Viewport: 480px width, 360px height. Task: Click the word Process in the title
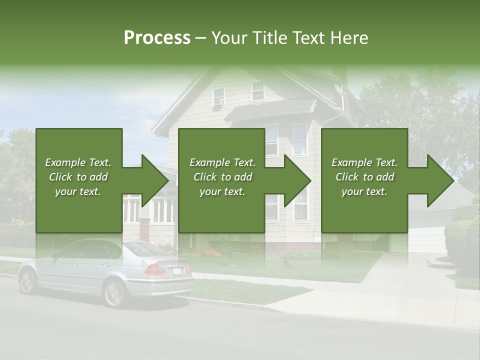click(157, 38)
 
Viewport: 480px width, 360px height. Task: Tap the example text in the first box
click(78, 176)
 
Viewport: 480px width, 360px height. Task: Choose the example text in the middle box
click(222, 176)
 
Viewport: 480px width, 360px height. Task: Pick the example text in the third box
click(364, 176)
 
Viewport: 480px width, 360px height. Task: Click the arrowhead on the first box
click(152, 180)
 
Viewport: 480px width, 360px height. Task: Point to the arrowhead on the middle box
click(295, 180)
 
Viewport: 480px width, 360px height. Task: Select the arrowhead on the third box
click(438, 180)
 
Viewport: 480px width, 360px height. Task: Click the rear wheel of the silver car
click(114, 293)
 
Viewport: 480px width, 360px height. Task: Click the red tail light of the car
click(155, 270)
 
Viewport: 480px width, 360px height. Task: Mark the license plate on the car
click(176, 270)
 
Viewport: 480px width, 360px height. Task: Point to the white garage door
click(426, 239)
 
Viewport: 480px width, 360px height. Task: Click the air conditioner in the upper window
click(218, 102)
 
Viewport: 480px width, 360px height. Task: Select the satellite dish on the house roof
click(339, 90)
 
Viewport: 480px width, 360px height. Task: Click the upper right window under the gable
click(258, 91)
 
